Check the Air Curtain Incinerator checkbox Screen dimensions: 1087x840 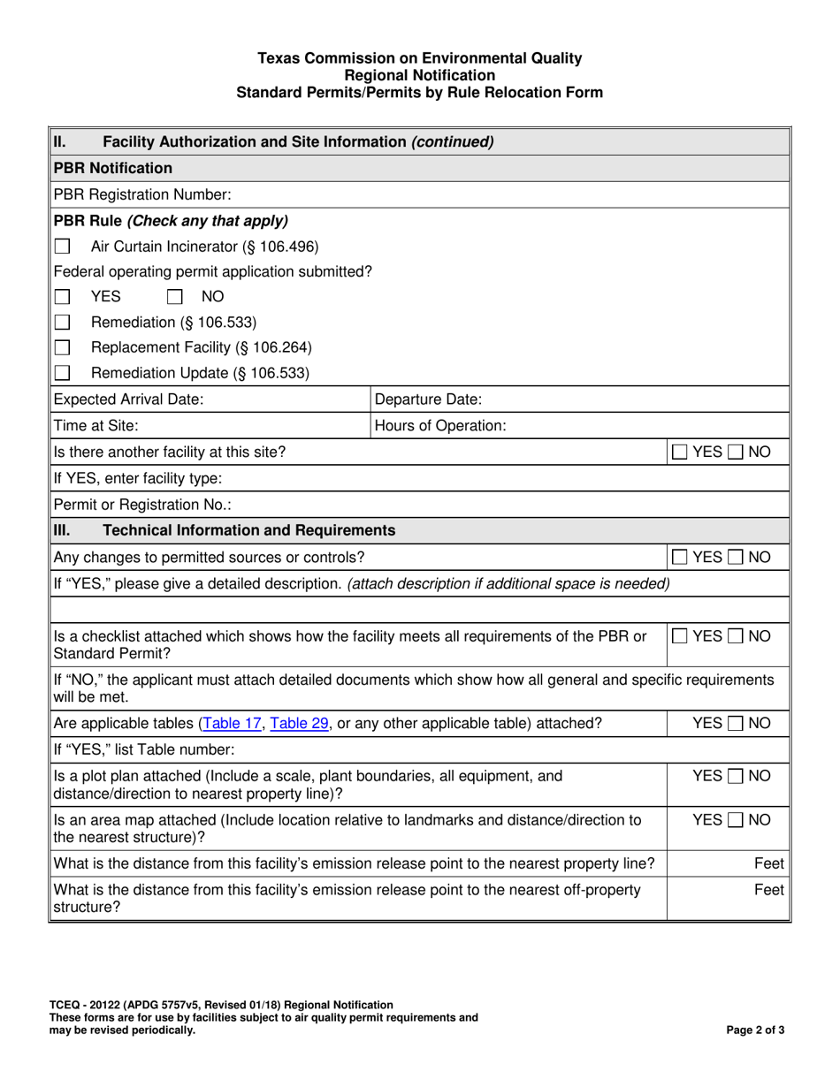point(63,247)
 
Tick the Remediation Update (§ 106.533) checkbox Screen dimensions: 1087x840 point(63,373)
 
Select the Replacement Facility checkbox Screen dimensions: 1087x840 point(63,347)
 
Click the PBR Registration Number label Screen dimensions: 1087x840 point(142,194)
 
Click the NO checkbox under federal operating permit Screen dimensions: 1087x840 point(176,297)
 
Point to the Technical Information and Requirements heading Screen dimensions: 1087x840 point(249,530)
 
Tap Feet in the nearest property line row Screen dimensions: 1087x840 point(768,863)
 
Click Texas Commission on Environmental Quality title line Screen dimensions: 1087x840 point(419,58)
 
